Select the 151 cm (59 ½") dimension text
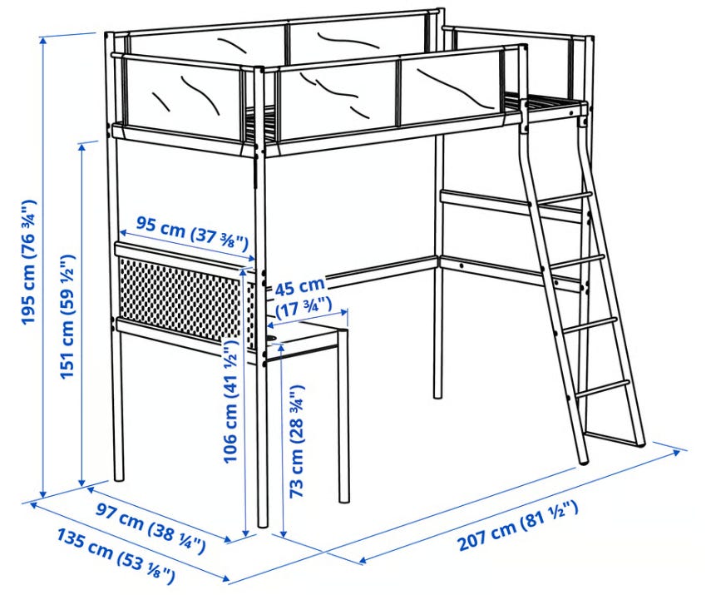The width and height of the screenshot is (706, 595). pyautogui.click(x=68, y=316)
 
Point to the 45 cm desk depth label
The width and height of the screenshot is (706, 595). pyautogui.click(x=300, y=286)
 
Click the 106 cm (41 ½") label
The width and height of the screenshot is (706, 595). pyautogui.click(x=231, y=401)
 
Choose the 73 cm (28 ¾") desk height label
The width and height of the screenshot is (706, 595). pyautogui.click(x=297, y=440)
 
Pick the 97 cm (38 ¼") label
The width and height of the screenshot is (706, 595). pyautogui.click(x=151, y=528)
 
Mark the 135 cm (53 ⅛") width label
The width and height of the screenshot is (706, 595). pyautogui.click(x=116, y=556)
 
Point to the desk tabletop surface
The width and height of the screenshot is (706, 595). pyautogui.click(x=306, y=335)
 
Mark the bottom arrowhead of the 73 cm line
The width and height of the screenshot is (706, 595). pyautogui.click(x=283, y=533)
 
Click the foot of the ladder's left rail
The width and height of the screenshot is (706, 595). pyautogui.click(x=583, y=460)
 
